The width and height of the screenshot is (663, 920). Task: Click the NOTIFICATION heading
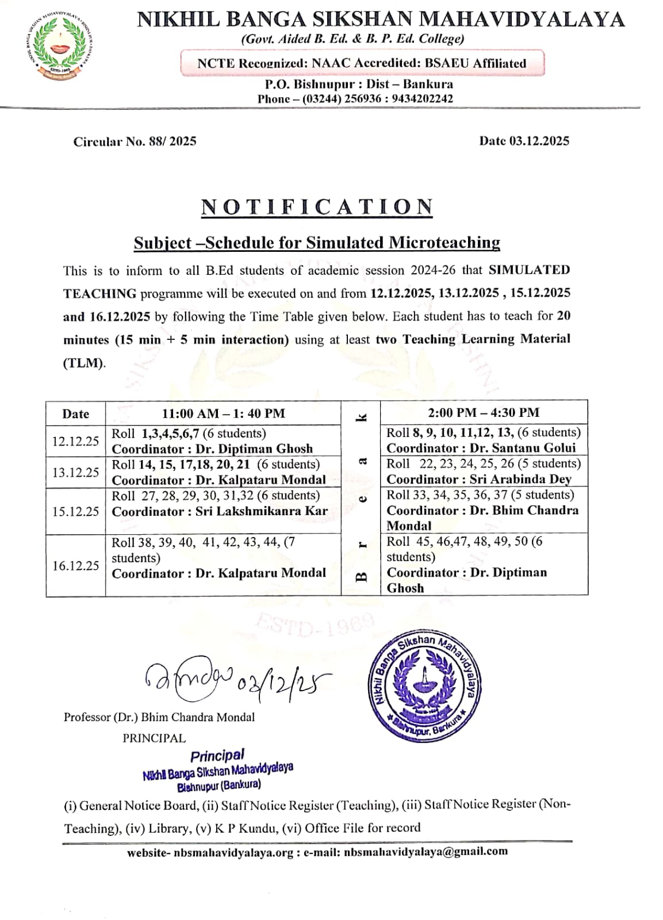coord(317,207)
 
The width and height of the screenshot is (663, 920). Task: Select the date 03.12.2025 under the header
coord(539,141)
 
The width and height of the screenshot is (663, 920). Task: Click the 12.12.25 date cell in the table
coord(76,441)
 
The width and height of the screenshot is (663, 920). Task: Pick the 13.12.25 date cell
coord(76,473)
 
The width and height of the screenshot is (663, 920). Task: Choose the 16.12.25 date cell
coord(76,566)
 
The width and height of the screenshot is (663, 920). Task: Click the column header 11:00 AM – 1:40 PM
coord(223,413)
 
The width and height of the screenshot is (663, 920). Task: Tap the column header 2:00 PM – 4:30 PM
coord(484,412)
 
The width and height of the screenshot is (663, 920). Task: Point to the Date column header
coord(76,414)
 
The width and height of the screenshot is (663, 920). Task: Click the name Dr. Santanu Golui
coord(523,448)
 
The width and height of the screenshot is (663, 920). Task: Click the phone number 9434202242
coord(423,99)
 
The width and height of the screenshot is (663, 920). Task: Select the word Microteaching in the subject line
coord(444,243)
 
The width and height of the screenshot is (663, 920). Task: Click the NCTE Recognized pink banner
coord(362,63)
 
